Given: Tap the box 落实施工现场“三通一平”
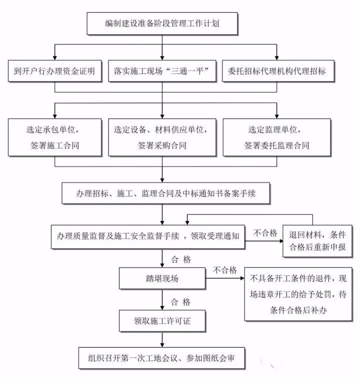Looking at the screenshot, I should pos(161,71).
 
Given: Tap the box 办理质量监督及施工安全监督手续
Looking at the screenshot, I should pos(148,235).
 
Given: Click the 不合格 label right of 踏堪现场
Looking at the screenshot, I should pos(224,270).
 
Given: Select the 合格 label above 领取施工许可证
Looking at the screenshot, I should pos(180,302).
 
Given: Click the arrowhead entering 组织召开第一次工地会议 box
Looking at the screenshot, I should pos(161,344).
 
